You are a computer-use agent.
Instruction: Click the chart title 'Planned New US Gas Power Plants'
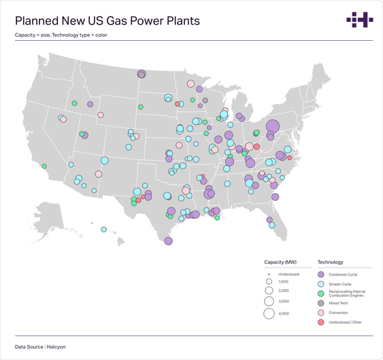pos(107,21)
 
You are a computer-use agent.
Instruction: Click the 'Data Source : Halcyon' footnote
pos(40,347)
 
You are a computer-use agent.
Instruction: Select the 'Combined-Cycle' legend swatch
pos(321,274)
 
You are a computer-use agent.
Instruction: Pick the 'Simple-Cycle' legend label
pos(342,283)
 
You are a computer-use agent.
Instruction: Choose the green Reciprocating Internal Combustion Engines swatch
pos(321,293)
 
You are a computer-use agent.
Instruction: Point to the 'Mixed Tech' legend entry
pos(339,303)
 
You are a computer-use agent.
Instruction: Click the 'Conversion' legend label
pos(338,312)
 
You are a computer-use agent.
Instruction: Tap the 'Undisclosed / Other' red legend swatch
pos(321,322)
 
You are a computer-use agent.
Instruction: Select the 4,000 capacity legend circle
pos(269,314)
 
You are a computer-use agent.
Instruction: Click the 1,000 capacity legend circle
pos(269,282)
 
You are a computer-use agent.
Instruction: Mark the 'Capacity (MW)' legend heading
pos(280,262)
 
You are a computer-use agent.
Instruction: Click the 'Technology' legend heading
pos(331,262)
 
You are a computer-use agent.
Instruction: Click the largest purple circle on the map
pos(273,126)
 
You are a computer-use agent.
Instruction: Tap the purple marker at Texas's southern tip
pos(168,240)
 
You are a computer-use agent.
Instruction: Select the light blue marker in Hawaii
pos(104,229)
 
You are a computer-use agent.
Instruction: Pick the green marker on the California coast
pos(44,166)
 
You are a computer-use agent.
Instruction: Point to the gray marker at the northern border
pos(141,74)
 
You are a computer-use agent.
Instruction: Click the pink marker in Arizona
pos(99,174)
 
